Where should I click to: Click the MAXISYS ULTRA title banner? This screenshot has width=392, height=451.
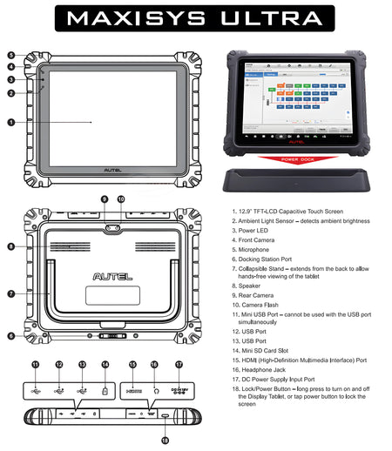[x=196, y=17]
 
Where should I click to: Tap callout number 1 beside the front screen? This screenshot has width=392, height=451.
[x=11, y=122]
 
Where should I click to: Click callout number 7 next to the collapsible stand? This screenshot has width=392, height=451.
[x=11, y=294]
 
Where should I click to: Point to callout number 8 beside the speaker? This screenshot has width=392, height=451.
[x=11, y=246]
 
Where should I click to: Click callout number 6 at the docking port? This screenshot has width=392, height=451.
[x=11, y=335]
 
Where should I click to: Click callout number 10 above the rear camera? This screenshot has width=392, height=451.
[x=121, y=199]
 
